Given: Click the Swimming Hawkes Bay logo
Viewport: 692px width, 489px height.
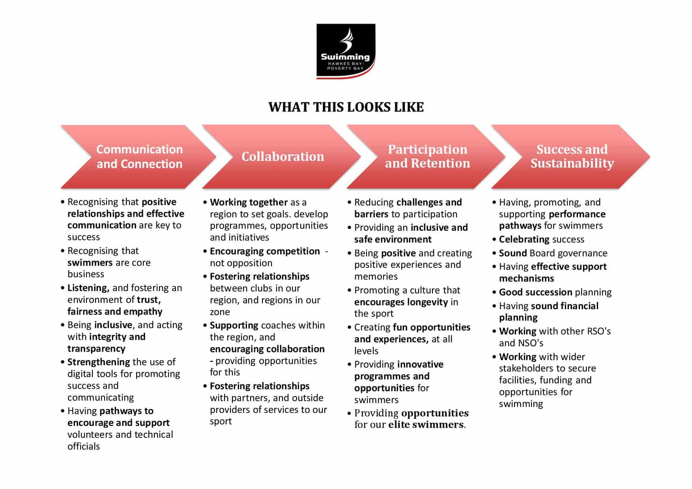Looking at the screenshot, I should pos(346,51).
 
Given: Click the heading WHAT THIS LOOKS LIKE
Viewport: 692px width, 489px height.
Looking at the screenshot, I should pos(346,107).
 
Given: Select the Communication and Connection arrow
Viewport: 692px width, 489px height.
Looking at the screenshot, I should pos(139,157).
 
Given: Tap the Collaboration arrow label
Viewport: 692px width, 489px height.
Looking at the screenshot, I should pos(282,157).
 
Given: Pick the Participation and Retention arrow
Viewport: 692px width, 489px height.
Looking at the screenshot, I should pos(427,157).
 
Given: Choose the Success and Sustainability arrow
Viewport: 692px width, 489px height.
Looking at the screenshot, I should pos(572,157).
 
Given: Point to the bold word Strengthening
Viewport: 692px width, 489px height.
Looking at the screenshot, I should pos(99,362).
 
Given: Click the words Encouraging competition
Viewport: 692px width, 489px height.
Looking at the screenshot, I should pos(265,251).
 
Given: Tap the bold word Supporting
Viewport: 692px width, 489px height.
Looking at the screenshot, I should pos(234,325).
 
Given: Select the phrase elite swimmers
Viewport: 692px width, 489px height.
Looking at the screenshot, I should pos(426,425).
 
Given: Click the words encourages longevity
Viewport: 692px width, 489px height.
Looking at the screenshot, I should pos(401,302).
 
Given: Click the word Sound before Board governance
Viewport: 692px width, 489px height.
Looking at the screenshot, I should pos(513,253).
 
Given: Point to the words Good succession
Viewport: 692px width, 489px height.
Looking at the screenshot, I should pos(535,292).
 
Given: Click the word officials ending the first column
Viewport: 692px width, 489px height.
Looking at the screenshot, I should pos(84,446).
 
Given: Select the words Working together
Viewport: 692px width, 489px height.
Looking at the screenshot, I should pos(249,202).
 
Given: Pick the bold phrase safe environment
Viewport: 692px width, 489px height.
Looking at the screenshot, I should pos(393,239).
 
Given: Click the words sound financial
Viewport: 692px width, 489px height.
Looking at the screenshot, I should pos(565,306).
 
